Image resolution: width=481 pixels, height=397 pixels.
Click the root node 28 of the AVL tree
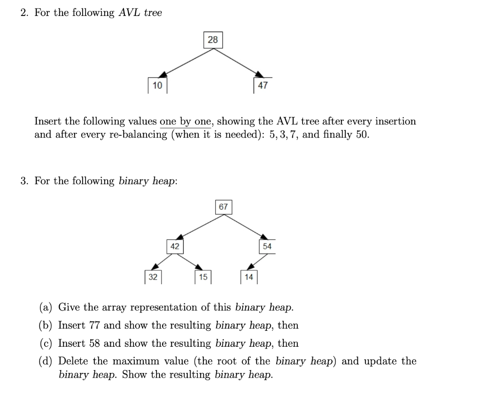pos(213,40)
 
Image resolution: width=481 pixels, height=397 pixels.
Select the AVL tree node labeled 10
pos(157,85)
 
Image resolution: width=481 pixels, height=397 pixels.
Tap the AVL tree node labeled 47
pos(263,85)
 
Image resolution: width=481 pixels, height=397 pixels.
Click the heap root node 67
pos(224,207)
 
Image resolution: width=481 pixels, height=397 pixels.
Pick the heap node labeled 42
pos(175,246)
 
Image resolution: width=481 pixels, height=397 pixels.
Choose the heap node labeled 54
pos(267,246)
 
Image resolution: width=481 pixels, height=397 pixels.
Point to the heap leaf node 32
pos(153,277)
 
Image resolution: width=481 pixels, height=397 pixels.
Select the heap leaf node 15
pos(203,277)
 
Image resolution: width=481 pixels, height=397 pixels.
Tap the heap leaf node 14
pos(249,277)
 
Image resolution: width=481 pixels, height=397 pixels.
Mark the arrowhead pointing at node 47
pos(258,75)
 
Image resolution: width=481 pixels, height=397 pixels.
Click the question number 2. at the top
pos(25,13)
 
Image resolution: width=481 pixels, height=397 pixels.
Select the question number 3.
pos(25,181)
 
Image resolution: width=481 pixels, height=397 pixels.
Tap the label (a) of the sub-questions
pos(46,307)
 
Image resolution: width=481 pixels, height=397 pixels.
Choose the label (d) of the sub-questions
pos(46,361)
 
